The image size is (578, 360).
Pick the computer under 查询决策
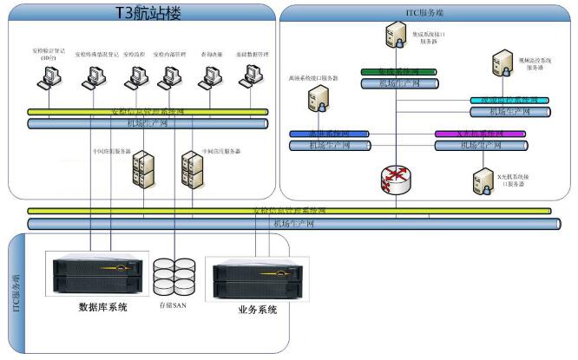point(207,79)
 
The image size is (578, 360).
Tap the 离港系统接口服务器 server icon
point(316,101)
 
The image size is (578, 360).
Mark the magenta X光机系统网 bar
point(479,134)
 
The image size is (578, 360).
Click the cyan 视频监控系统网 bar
point(509,101)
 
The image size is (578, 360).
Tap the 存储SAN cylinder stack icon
point(173,275)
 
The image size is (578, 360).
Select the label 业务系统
point(257,309)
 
